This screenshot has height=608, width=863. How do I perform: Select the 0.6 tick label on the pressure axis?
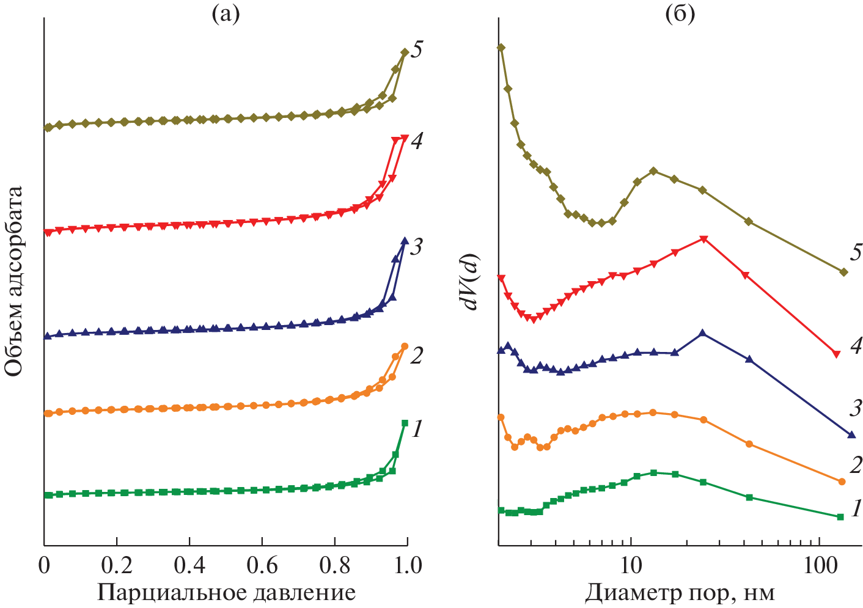[262, 565]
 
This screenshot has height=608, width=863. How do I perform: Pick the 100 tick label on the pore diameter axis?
[818, 565]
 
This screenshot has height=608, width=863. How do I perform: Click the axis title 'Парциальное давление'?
[226, 592]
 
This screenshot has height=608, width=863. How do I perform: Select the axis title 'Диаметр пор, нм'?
[680, 592]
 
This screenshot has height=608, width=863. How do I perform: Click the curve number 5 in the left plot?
[417, 49]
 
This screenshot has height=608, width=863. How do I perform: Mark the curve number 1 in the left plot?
[417, 430]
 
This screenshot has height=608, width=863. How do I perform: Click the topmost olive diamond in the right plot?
[501, 47]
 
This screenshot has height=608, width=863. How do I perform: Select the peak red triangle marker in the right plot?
[703, 239]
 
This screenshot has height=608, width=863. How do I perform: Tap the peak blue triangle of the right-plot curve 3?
[702, 333]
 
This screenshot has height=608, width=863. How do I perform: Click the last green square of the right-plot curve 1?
[840, 517]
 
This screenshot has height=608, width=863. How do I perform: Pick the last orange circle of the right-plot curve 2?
[841, 482]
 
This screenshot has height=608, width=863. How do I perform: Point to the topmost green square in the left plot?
[405, 423]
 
